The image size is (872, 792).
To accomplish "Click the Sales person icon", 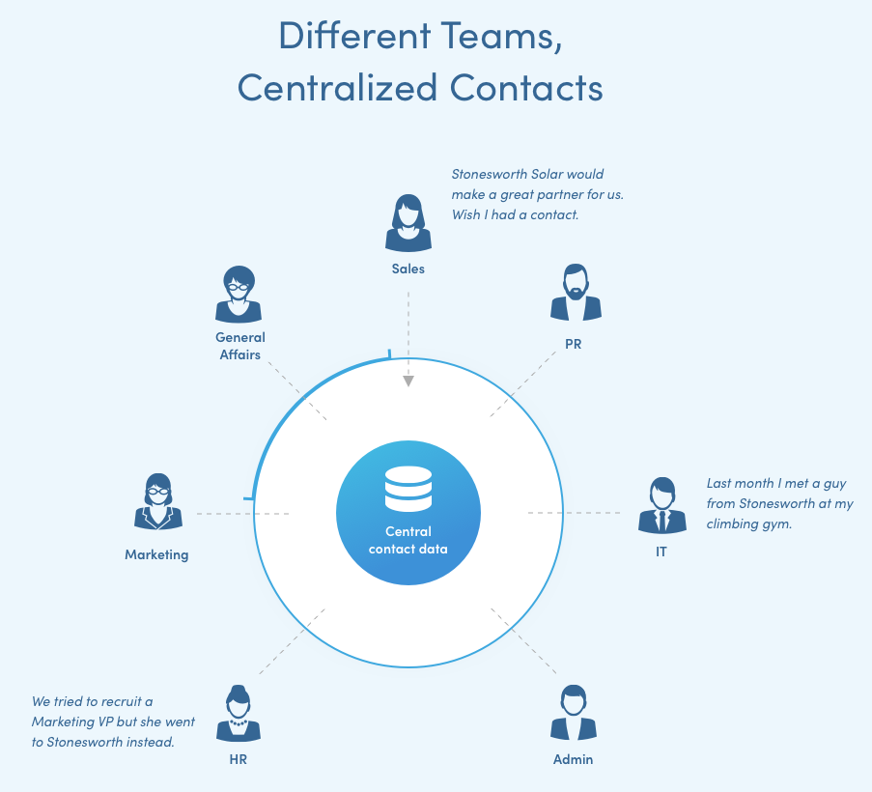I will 408,224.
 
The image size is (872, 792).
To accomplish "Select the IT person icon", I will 661,505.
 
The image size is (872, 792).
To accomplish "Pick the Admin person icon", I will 574,714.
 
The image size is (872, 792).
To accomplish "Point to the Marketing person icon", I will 157,501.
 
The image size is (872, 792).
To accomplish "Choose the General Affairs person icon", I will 239,295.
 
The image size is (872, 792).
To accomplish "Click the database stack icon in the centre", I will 408,489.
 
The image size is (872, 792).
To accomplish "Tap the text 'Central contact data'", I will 408,540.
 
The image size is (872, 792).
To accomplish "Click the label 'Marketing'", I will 156,555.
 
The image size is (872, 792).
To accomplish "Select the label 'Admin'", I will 573,759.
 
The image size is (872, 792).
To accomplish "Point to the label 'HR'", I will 238,759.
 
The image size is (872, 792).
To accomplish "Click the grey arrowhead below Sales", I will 408,381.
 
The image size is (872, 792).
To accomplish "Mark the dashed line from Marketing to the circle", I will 241,514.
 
